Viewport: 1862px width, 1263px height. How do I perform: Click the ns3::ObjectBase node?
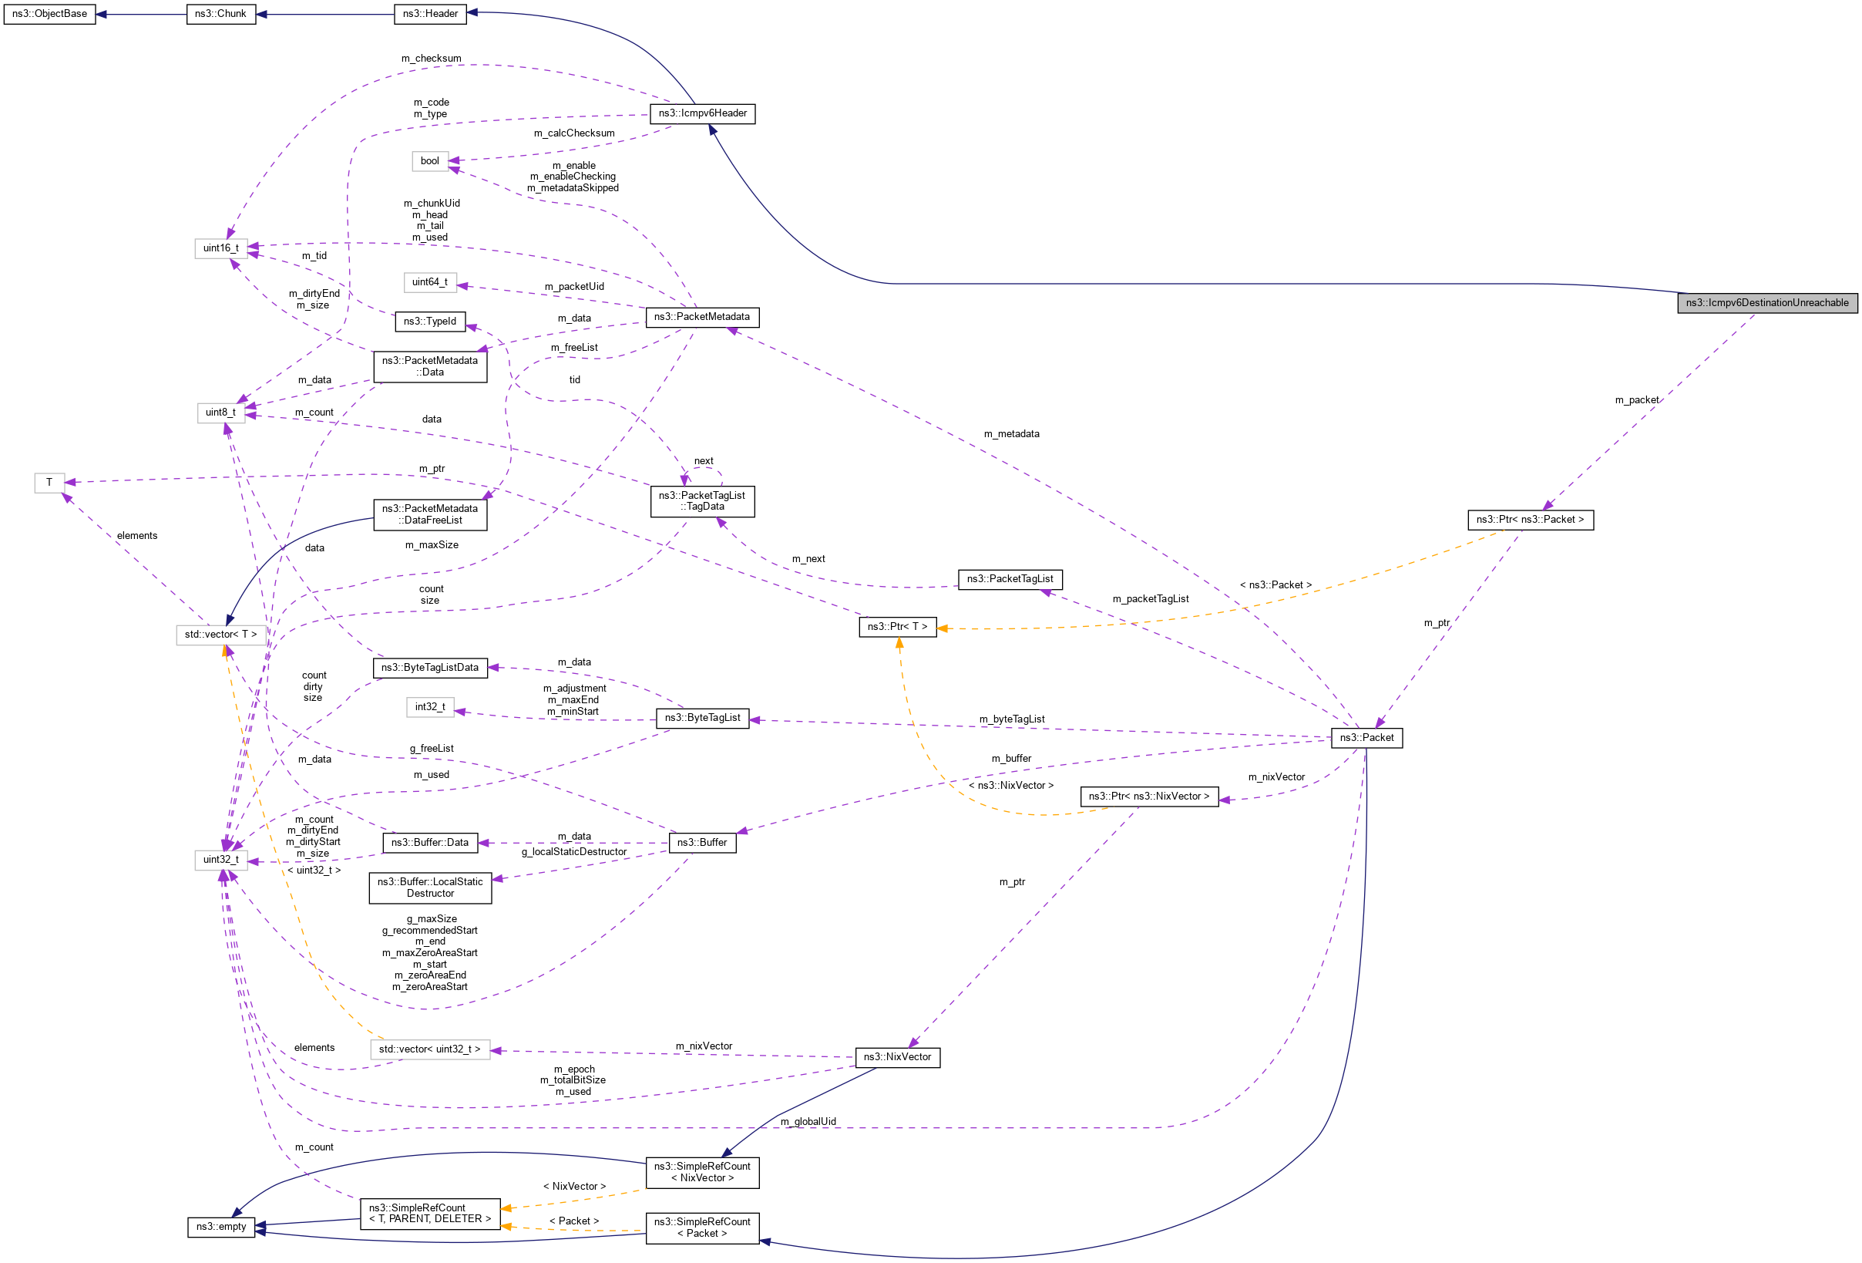point(49,15)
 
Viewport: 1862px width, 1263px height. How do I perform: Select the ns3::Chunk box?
point(221,15)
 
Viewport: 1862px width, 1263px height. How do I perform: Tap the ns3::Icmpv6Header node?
point(702,114)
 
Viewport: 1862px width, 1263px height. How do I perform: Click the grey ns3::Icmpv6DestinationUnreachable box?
point(1766,303)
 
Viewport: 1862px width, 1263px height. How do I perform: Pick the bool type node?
point(429,161)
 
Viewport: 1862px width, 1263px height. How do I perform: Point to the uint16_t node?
point(220,248)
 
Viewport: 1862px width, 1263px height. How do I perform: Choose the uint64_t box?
point(429,282)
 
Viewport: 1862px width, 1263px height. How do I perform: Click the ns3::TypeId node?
point(429,322)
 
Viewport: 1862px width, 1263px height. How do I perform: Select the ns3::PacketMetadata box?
point(702,318)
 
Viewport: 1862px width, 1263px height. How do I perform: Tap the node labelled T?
point(49,483)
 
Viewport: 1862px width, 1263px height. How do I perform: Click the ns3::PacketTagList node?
point(1010,578)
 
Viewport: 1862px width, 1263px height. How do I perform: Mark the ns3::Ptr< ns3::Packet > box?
point(1530,519)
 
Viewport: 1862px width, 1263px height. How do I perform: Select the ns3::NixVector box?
point(896,1057)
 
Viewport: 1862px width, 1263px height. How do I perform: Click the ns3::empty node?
point(221,1227)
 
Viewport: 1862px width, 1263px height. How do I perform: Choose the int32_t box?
point(429,707)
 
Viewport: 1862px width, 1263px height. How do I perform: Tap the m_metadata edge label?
point(1011,434)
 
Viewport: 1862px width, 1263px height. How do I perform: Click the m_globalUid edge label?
point(808,1122)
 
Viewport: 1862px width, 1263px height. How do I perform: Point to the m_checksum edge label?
point(431,59)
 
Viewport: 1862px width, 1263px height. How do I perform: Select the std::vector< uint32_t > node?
point(429,1049)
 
